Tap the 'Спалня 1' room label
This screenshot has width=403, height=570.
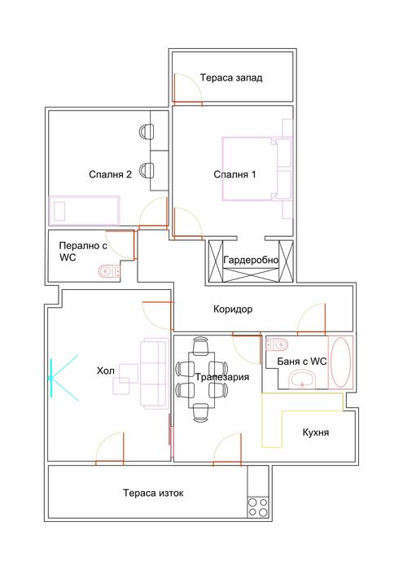(x=234, y=174)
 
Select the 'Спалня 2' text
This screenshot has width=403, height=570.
(x=111, y=174)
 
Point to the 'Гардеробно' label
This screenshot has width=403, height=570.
(x=250, y=260)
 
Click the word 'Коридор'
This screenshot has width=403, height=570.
(x=233, y=309)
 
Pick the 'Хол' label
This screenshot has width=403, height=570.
(x=106, y=371)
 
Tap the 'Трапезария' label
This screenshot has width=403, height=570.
(x=221, y=377)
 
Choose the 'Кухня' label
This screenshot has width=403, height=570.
(x=314, y=432)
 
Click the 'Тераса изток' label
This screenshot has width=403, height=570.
(x=147, y=493)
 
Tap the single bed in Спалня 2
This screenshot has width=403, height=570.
(x=85, y=209)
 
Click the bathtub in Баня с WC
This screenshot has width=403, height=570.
(x=339, y=362)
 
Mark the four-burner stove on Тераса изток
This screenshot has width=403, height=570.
(x=257, y=507)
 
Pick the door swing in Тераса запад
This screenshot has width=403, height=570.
(x=186, y=89)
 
